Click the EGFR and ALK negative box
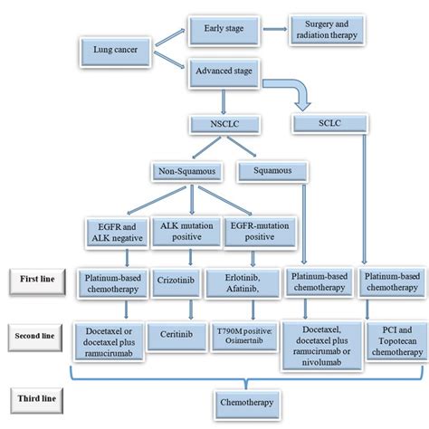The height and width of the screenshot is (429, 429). click(x=108, y=230)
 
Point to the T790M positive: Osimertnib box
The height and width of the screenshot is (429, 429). click(x=246, y=333)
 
